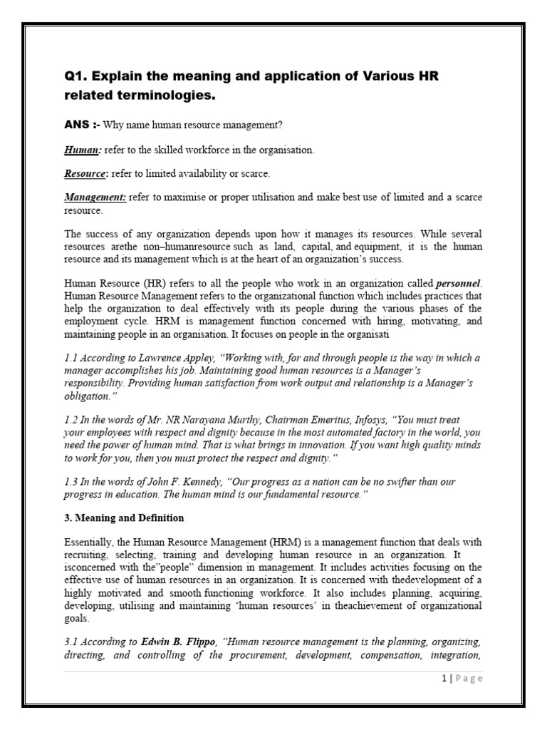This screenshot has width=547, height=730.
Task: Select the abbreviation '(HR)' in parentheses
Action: pyautogui.click(x=154, y=283)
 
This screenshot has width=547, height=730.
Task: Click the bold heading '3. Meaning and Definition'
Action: pyautogui.click(x=124, y=518)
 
